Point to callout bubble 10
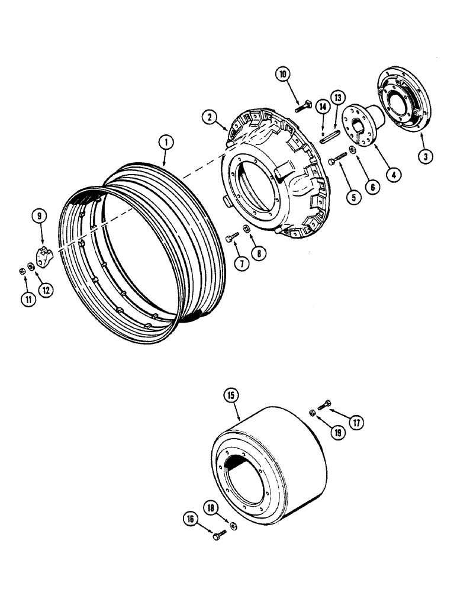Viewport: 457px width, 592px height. [283, 75]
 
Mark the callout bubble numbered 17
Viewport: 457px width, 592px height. [356, 423]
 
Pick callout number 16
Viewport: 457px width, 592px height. [191, 520]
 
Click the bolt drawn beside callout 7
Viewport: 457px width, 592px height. [231, 238]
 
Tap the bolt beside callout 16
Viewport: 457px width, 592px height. [218, 536]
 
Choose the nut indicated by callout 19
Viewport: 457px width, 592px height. [312, 413]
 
